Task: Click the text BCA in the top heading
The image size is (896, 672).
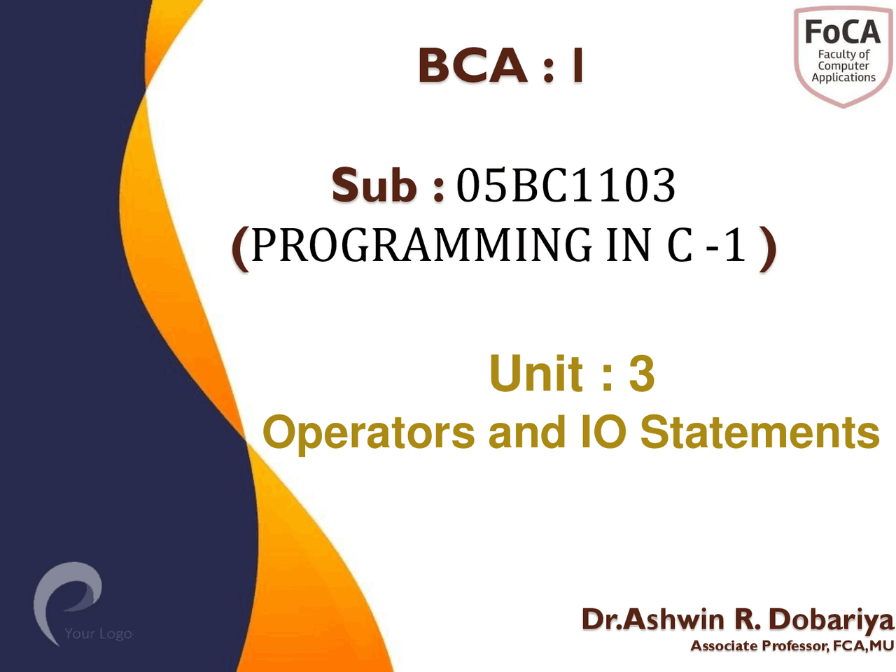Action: click(x=472, y=66)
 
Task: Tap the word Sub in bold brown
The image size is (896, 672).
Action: click(x=374, y=185)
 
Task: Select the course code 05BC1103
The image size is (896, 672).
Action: click(x=566, y=186)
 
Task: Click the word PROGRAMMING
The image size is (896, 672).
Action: click(x=421, y=245)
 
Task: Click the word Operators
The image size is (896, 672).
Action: click(x=368, y=432)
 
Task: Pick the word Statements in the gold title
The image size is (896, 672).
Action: click(x=759, y=432)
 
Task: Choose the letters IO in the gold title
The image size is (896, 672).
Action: click(x=603, y=432)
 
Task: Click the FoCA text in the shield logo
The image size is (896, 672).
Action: click(x=842, y=32)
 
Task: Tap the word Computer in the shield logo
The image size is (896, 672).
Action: click(x=843, y=66)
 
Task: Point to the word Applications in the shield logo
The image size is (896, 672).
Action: click(x=843, y=78)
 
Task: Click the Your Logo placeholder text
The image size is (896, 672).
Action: click(x=98, y=633)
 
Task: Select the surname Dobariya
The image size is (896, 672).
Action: click(x=831, y=619)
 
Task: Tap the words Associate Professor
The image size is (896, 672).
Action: click(x=759, y=646)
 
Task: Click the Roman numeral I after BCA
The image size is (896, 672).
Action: click(x=576, y=66)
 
